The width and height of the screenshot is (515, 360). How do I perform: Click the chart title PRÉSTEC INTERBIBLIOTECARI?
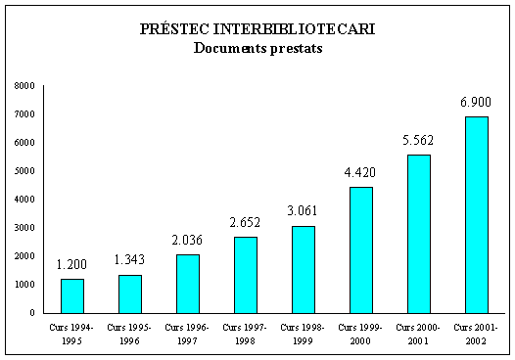[x=257, y=28]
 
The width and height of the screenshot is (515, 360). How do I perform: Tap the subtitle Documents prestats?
[x=257, y=46]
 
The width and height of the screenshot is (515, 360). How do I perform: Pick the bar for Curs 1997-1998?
[x=245, y=275]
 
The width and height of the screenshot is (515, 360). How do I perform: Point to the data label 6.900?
[x=475, y=102]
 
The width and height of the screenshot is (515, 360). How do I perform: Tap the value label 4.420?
[x=359, y=172]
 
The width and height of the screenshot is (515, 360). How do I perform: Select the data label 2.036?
[x=187, y=240]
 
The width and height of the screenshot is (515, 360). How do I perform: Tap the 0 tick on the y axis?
[x=32, y=313]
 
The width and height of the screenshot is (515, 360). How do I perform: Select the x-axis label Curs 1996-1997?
[x=187, y=333]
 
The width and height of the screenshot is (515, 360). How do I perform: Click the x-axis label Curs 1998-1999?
[x=303, y=333]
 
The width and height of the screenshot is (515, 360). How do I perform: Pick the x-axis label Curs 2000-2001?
[x=417, y=333]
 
